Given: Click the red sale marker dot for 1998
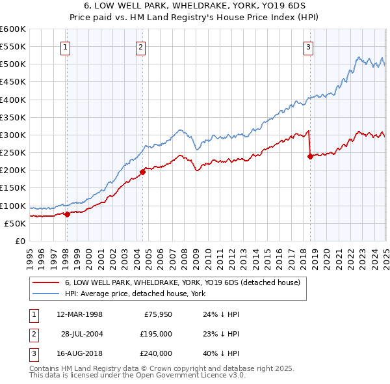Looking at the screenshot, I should click(x=67, y=214).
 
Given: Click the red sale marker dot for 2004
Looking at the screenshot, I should click(x=142, y=172).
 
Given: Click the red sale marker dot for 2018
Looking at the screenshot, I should click(x=310, y=156).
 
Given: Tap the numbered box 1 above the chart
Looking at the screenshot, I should click(x=67, y=46).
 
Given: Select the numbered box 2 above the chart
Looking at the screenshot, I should click(x=141, y=46).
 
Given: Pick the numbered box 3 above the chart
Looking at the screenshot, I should click(x=308, y=46).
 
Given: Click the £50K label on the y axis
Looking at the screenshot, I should click(x=15, y=223).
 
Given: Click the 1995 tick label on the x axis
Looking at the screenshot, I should click(x=30, y=254).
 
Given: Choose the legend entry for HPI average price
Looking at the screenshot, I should click(x=135, y=294).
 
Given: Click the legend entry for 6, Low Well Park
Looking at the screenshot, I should click(x=182, y=282).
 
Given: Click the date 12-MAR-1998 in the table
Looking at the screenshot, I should click(x=79, y=314).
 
